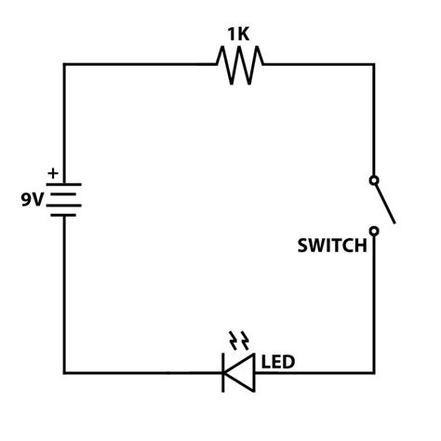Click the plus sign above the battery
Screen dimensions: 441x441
52,173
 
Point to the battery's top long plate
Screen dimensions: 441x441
63,183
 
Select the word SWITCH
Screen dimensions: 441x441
332,247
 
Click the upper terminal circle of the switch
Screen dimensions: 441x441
374,179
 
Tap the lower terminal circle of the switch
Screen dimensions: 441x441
374,230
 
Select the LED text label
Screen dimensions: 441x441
279,360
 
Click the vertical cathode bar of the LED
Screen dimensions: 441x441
223,373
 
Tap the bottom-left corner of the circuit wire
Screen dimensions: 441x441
63,373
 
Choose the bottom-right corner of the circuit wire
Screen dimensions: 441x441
374,373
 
